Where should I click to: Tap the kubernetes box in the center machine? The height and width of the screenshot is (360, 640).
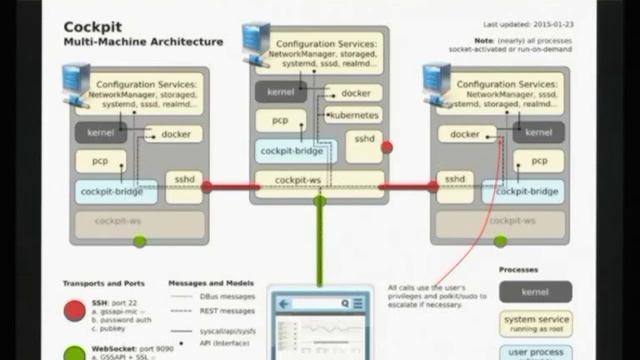tap(353, 115)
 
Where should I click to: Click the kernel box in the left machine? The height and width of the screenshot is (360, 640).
tap(100, 133)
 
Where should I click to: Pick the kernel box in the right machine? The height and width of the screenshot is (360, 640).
tap(538, 133)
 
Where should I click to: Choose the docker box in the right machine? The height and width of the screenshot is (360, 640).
tap(465, 134)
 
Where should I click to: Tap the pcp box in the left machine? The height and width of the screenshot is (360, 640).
tap(101, 160)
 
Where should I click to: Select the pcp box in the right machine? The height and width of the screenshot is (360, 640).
tap(539, 160)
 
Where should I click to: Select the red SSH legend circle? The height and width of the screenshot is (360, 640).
tap(74, 311)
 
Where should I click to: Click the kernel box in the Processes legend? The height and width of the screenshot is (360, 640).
tap(535, 291)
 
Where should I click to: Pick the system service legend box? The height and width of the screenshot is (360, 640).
tap(535, 323)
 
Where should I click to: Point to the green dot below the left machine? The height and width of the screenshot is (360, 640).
tap(140, 241)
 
